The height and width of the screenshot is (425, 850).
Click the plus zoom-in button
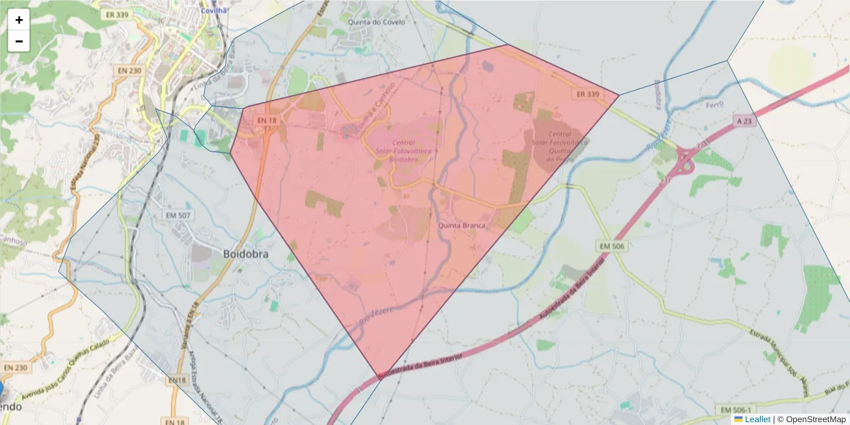(x=19, y=20)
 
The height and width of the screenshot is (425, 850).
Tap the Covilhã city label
(x=213, y=11)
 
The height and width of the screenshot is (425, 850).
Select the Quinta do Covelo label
(x=377, y=22)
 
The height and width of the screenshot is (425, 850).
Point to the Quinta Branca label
(x=462, y=225)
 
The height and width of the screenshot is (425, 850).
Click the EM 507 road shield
(x=178, y=215)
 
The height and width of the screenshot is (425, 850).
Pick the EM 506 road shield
(x=612, y=246)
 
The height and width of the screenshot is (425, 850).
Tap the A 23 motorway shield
(x=744, y=121)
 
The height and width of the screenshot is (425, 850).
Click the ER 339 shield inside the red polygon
(x=588, y=94)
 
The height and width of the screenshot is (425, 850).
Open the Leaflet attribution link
(x=757, y=419)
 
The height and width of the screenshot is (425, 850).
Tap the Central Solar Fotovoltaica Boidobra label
(x=404, y=151)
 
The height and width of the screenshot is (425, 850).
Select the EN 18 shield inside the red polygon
(x=267, y=121)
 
